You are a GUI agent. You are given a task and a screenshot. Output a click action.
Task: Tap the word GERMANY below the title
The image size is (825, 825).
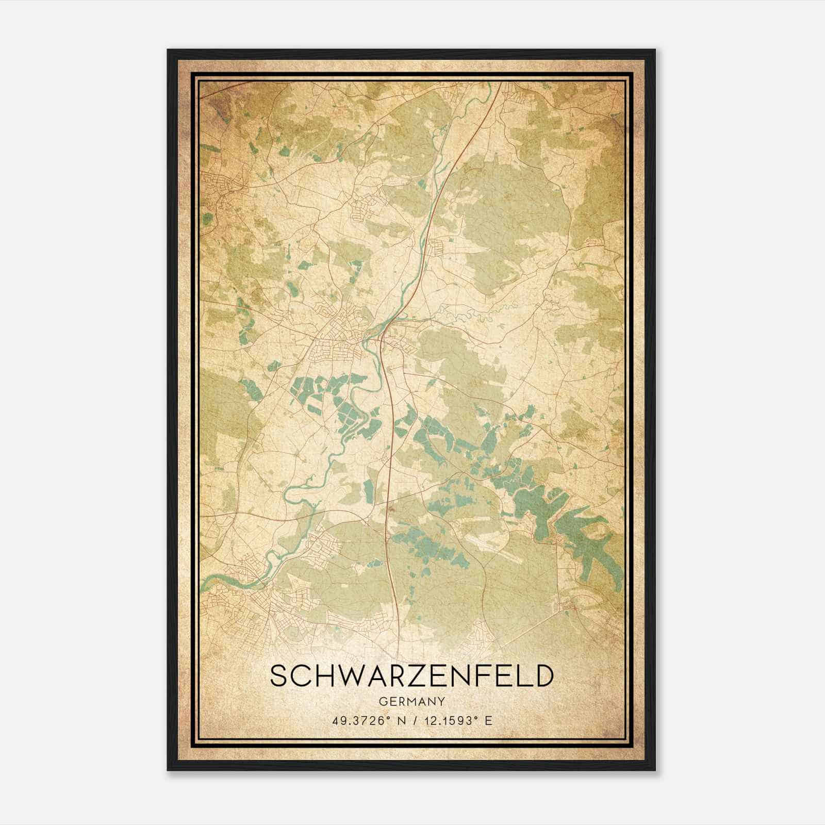(x=411, y=701)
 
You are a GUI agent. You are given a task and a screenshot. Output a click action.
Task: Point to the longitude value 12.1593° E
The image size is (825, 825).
(x=456, y=720)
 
